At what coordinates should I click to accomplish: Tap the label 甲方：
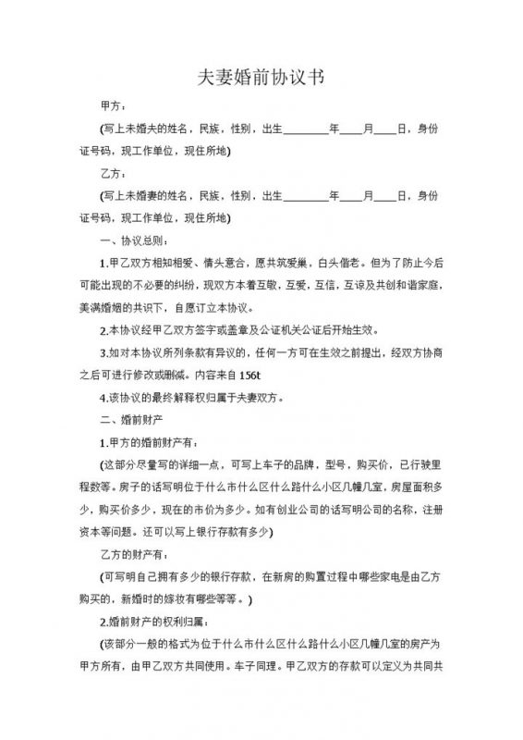pyautogui.click(x=115, y=106)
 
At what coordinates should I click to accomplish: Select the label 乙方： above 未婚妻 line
pyautogui.click(x=115, y=173)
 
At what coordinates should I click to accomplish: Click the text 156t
pyautogui.click(x=251, y=375)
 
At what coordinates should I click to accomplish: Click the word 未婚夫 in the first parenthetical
pyautogui.click(x=147, y=129)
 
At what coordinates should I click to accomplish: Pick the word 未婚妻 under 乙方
pyautogui.click(x=147, y=195)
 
